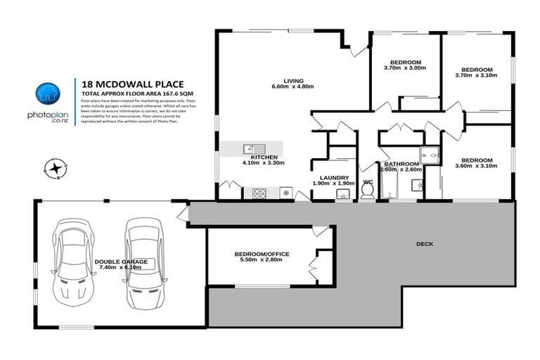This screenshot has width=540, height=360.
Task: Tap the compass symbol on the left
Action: [x=54, y=167]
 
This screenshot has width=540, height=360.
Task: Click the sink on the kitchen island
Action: [x=250, y=149]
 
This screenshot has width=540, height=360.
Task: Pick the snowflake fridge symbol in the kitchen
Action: [x=286, y=192]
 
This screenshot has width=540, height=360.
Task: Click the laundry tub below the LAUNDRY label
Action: [x=342, y=194]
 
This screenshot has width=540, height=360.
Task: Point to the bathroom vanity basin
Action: [x=417, y=186]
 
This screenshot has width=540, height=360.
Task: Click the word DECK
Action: [x=425, y=244]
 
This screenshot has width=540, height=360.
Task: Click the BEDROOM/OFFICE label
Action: [x=262, y=254]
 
